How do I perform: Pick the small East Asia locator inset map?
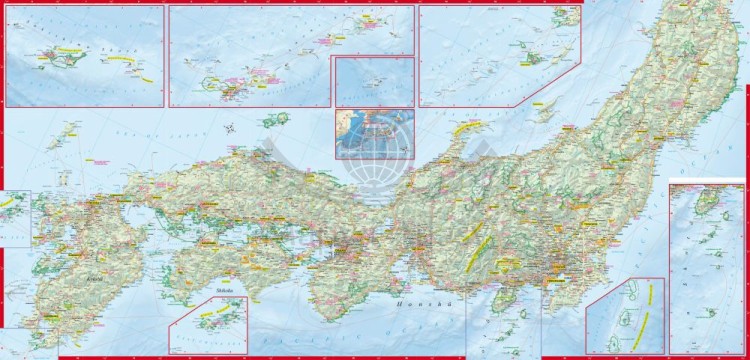click(x=374, y=132)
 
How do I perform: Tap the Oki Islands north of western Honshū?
click(x=273, y=119)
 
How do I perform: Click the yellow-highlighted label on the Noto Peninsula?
click(x=467, y=127)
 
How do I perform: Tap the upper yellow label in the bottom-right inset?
click(x=651, y=293)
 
